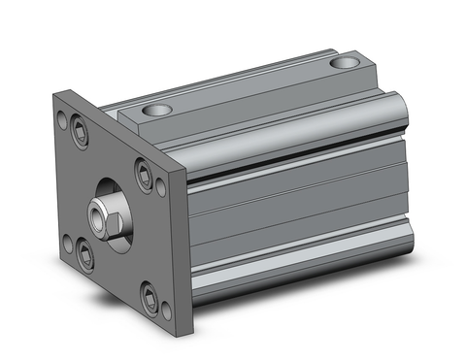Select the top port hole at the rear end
pos(343,64)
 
